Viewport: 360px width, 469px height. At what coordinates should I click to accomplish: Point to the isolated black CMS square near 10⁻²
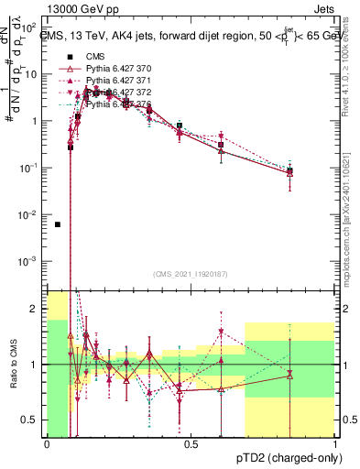point(58,224)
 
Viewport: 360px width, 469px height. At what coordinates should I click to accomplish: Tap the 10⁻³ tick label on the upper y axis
point(30,262)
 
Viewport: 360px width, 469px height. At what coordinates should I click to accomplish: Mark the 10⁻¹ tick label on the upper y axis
point(30,168)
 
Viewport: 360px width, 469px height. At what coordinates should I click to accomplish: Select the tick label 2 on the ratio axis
point(36,309)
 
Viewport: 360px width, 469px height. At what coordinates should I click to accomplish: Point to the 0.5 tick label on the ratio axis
point(32,420)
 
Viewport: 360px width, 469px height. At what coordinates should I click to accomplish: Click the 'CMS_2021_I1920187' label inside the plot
point(191,273)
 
